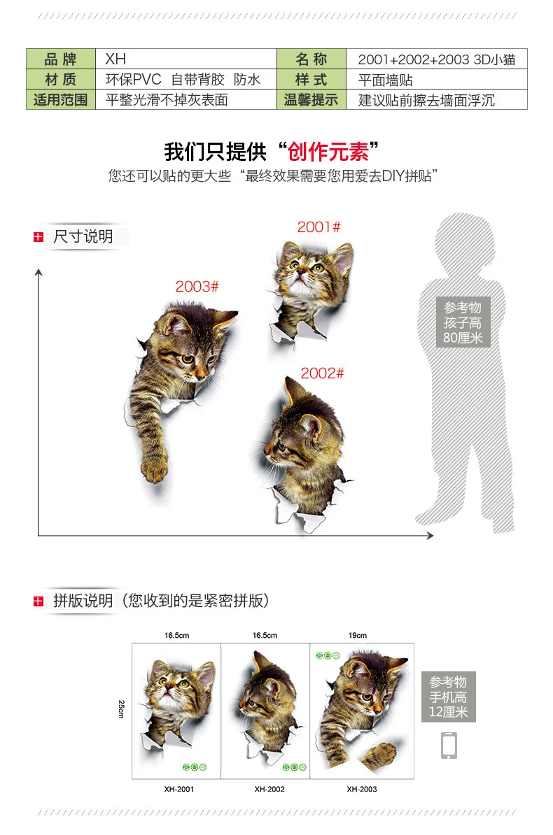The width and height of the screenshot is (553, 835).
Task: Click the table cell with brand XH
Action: pyautogui.click(x=185, y=59)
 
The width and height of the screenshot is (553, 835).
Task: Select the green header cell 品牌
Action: pyautogui.click(x=61, y=59)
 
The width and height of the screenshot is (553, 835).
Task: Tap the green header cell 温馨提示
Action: pyautogui.click(x=311, y=99)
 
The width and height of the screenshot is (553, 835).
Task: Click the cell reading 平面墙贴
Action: pyautogui.click(x=436, y=79)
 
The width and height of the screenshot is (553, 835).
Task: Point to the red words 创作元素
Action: pyautogui.click(x=328, y=152)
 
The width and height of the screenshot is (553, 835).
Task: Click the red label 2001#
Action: pyautogui.click(x=319, y=227)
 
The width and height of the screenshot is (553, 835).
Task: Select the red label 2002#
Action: pyautogui.click(x=322, y=373)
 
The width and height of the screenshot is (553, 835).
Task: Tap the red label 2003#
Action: pyautogui.click(x=197, y=287)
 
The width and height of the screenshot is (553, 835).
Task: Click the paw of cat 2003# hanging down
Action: pyautogui.click(x=155, y=469)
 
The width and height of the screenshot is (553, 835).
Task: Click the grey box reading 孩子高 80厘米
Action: pyautogui.click(x=463, y=322)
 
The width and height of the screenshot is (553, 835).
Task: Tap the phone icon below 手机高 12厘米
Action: pyautogui.click(x=449, y=745)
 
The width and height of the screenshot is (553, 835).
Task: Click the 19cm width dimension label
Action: pyautogui.click(x=358, y=635)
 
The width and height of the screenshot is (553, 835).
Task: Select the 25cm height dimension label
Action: pyautogui.click(x=121, y=709)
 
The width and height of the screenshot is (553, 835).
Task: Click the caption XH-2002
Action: pyautogui.click(x=269, y=789)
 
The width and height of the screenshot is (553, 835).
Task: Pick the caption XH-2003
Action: pyautogui.click(x=362, y=789)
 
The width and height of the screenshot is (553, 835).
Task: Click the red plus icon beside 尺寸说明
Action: pyautogui.click(x=38, y=236)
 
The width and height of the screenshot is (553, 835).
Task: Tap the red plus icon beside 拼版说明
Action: pyautogui.click(x=38, y=601)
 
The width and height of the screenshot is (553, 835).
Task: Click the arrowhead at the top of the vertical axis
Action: pyautogui.click(x=38, y=272)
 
